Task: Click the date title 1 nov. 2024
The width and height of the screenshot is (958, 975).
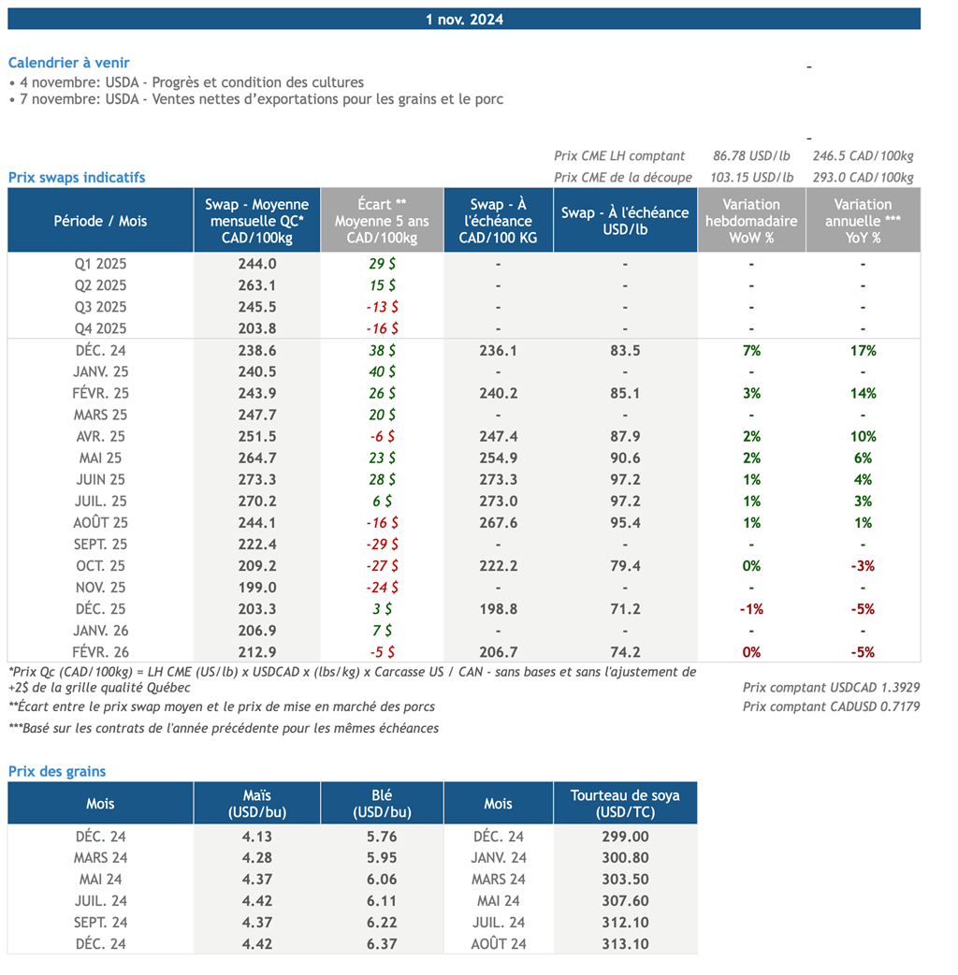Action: pos(464,20)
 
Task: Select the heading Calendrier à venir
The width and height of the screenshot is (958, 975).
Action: pos(69,63)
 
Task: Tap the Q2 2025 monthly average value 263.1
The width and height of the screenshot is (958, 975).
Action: pos(256,285)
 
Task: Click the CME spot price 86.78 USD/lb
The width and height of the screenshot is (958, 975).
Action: pos(751,156)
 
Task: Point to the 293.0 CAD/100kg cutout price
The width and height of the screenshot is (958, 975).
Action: pos(863,177)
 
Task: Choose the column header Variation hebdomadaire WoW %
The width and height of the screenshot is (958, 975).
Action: pos(751,221)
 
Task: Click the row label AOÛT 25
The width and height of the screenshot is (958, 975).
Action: pos(100,523)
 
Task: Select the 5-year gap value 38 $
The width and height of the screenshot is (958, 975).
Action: pos(382,351)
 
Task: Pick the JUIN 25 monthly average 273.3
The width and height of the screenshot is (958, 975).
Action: pos(256,479)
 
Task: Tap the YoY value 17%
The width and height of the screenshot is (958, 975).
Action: pos(863,351)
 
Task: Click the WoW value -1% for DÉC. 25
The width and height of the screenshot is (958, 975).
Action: pos(751,609)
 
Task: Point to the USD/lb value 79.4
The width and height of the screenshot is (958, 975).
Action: pos(625,566)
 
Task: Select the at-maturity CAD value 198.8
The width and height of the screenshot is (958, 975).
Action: pos(498,609)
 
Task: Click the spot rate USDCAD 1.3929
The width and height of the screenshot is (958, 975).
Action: pos(831,688)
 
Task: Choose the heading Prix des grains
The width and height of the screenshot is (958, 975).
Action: pos(57,772)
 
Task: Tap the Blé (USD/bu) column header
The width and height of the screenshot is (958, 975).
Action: pos(382,804)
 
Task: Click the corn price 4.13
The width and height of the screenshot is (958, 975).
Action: pos(256,837)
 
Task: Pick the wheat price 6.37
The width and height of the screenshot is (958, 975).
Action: pos(382,944)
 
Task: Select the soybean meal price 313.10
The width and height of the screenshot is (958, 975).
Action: pos(625,944)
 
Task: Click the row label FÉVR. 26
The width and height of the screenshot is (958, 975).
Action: pos(100,652)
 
